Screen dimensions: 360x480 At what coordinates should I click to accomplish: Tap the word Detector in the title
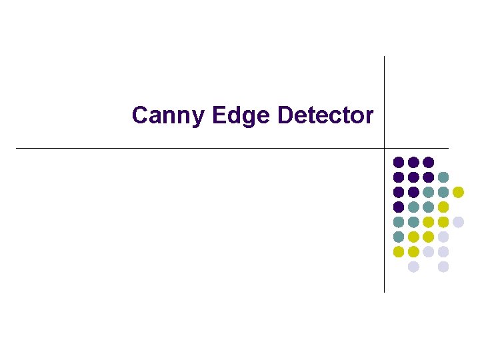[x=325, y=115]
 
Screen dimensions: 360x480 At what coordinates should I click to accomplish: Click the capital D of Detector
[x=285, y=115]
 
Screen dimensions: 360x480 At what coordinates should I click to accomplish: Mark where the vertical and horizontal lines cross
[x=385, y=148]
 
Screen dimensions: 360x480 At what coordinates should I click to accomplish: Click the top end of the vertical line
[x=385, y=57]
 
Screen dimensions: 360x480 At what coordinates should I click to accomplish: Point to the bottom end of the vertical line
[x=385, y=292]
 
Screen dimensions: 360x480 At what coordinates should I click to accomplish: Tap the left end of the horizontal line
[x=16, y=148]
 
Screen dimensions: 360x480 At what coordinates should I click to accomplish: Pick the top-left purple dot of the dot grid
[x=399, y=162]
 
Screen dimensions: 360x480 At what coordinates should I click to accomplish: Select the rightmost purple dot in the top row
[x=429, y=162]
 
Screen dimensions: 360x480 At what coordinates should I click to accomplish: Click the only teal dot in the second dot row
[x=443, y=177]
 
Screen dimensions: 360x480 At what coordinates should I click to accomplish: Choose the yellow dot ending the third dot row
[x=458, y=192]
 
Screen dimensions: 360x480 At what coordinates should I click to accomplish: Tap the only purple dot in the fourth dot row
[x=399, y=207]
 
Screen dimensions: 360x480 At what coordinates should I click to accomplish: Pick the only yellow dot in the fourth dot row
[x=443, y=207]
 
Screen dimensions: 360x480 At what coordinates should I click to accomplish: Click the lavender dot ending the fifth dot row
[x=458, y=222]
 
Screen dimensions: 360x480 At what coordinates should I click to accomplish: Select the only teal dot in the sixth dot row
[x=399, y=237]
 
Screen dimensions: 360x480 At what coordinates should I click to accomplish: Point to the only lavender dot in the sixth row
[x=443, y=237]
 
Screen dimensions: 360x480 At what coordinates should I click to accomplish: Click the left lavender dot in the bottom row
[x=413, y=267]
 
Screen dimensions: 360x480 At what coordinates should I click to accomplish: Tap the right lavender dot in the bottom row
[x=443, y=267]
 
